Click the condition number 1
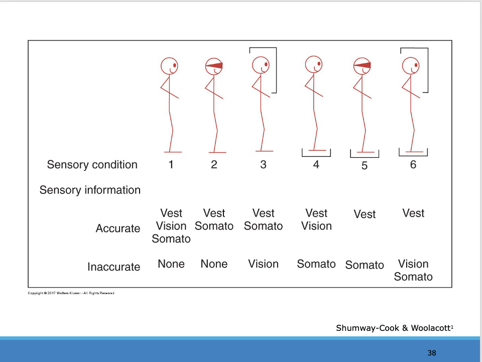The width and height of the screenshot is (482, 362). pyautogui.click(x=171, y=164)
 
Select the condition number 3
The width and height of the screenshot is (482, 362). pyautogui.click(x=263, y=164)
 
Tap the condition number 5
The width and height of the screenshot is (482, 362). pyautogui.click(x=365, y=166)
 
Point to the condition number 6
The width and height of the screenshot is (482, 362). pyautogui.click(x=413, y=164)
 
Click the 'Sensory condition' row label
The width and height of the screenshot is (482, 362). pyautogui.click(x=92, y=165)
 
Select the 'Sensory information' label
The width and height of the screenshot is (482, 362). pyautogui.click(x=90, y=190)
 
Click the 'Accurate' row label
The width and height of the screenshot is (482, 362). pyautogui.click(x=118, y=228)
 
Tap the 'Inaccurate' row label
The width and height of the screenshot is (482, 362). pyautogui.click(x=114, y=267)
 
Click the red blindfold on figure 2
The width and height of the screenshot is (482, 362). pyautogui.click(x=214, y=65)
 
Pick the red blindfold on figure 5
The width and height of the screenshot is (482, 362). pyautogui.click(x=363, y=65)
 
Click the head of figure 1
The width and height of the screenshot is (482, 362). pyautogui.click(x=169, y=66)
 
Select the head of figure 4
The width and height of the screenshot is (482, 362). pyautogui.click(x=314, y=64)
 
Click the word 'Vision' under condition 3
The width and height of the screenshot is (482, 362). pyautogui.click(x=263, y=264)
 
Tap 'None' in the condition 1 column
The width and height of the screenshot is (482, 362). pyautogui.click(x=171, y=264)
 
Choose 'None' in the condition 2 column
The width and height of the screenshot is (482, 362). pyautogui.click(x=214, y=264)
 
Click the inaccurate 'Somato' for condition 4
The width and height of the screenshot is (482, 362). pyautogui.click(x=316, y=264)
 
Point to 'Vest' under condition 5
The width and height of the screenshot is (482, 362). pyautogui.click(x=365, y=215)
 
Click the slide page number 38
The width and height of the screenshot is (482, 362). pyautogui.click(x=432, y=352)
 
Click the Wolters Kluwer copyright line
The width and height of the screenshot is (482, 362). pyautogui.click(x=71, y=293)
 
